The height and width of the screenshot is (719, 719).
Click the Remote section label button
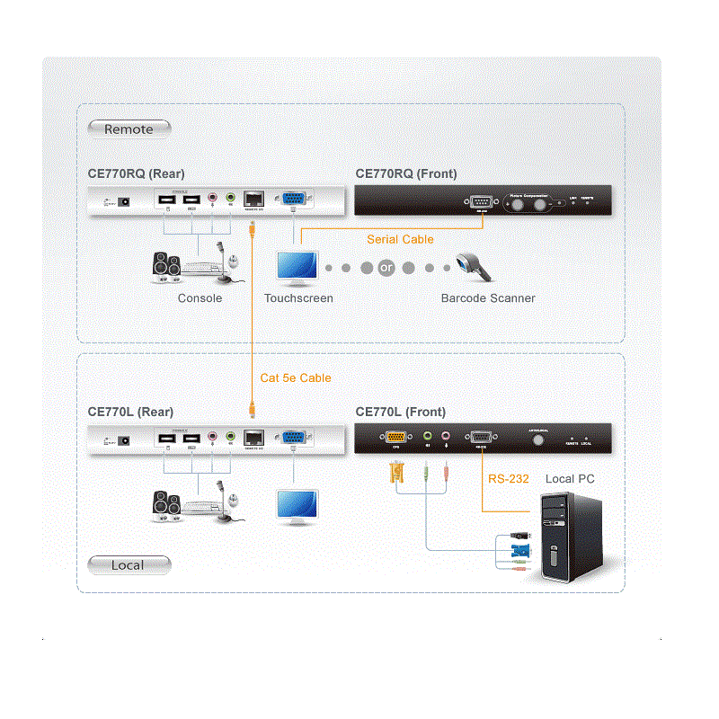pos(129,129)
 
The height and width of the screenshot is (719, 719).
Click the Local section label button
pos(128,565)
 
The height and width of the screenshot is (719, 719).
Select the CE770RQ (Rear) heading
pos(136,174)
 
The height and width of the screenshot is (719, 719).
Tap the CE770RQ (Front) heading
pos(406,174)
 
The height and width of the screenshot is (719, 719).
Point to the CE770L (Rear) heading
pos(130,412)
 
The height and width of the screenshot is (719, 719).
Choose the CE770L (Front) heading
pos(401,412)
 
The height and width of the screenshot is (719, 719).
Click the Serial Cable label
pos(400,240)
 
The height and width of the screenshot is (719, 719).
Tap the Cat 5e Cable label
pos(296,378)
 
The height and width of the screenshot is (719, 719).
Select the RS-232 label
pos(509,479)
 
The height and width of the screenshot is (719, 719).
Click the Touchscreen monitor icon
pos(297,266)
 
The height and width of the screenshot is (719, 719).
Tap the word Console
pos(200,298)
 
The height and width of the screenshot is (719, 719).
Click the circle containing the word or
pos(387,268)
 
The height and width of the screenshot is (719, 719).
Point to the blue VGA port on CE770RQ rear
pos(293,200)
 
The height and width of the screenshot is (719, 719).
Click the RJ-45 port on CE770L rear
pos(253,438)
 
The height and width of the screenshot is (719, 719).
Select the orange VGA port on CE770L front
pos(395,437)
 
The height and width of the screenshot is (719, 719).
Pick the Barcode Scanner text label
pos(488,298)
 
